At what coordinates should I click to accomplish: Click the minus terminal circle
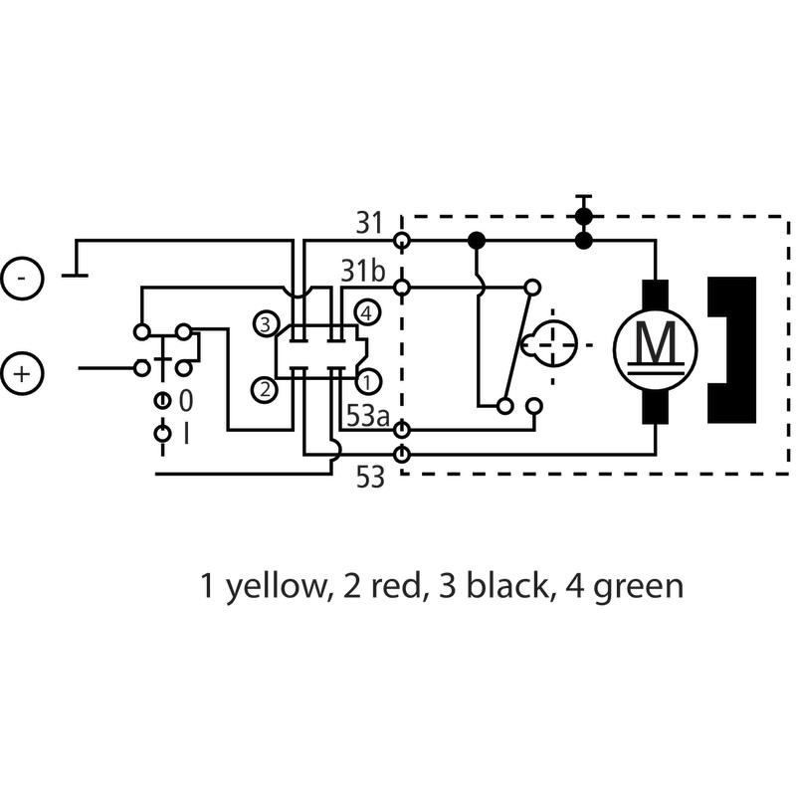22,278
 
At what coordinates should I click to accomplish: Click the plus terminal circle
22,374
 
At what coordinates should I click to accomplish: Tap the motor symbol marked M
655,345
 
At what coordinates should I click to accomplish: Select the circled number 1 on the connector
367,379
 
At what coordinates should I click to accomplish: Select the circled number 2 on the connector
265,389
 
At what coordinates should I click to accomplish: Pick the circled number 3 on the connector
265,323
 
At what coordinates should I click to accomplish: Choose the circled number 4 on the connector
367,312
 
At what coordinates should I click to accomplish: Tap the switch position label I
186,435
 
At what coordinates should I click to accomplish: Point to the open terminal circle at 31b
402,288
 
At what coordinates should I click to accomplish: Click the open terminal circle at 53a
402,431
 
